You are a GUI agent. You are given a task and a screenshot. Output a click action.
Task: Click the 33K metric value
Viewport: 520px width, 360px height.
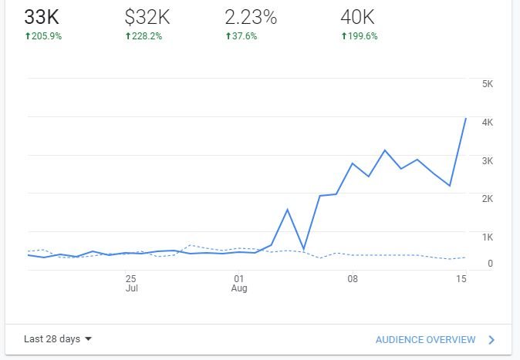[42, 17]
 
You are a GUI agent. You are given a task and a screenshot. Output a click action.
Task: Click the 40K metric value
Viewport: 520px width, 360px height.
[358, 17]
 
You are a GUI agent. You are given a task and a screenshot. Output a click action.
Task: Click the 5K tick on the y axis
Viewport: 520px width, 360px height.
[487, 84]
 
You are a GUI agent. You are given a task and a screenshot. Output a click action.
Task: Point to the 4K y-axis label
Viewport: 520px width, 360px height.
[487, 123]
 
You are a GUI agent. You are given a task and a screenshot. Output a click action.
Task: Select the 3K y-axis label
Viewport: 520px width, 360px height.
[487, 160]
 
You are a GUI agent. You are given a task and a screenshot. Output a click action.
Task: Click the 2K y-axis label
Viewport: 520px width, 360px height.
[487, 199]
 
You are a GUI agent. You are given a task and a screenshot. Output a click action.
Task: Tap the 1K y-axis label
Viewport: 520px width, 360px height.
[487, 237]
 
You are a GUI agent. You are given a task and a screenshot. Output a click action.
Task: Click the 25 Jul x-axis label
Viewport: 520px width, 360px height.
[131, 283]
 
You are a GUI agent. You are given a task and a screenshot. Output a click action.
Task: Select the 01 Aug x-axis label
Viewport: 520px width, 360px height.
[239, 283]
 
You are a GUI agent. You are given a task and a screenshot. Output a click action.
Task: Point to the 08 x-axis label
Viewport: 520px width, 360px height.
[352, 278]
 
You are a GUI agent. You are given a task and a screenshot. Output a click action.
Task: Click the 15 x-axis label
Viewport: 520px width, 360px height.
[461, 278]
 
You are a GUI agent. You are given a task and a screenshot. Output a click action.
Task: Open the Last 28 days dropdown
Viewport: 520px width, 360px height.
[58, 339]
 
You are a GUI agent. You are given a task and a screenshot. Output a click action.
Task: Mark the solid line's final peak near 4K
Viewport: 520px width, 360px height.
[465, 118]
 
